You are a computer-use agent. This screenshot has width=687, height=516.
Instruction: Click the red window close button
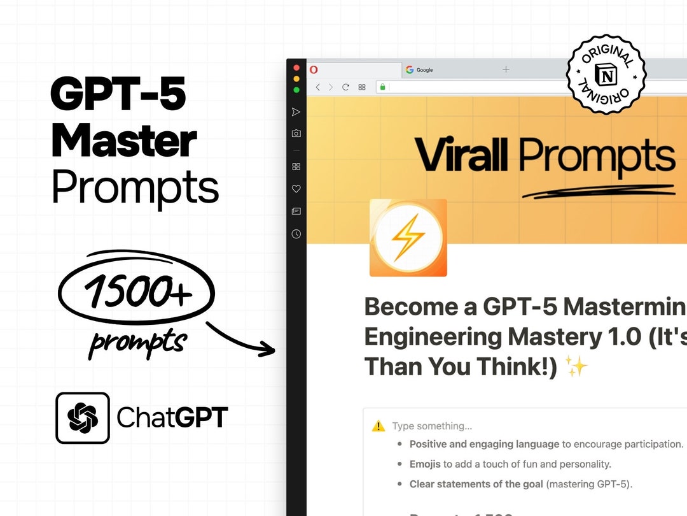coord(296,68)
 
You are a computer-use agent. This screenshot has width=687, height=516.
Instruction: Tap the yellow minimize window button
coord(296,79)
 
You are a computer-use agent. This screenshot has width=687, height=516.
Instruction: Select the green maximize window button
coord(296,90)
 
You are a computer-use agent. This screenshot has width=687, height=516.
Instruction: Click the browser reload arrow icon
coord(346,87)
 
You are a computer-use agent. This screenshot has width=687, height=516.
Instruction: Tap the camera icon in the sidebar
coord(296,134)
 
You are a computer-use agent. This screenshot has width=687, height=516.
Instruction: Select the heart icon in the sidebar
coord(296,189)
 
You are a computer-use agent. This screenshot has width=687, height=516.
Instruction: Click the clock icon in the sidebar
coord(296,234)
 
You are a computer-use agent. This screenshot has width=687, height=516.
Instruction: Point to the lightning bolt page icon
coord(408,238)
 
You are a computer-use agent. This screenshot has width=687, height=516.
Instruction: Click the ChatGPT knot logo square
coord(83,418)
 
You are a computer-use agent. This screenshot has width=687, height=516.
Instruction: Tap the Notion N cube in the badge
coord(606,75)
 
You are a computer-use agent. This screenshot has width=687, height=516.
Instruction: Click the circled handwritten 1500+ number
coord(136,292)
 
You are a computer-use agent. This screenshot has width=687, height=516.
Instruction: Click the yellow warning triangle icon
coord(378,426)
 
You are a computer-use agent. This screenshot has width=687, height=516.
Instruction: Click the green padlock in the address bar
coord(382,87)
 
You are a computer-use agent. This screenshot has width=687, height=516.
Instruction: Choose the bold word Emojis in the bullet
coord(425,464)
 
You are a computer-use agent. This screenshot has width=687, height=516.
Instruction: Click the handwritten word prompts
coord(137,342)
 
